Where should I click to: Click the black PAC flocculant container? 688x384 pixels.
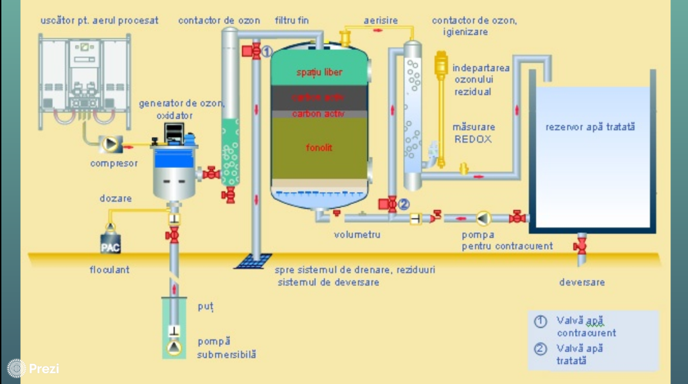coord(110,244)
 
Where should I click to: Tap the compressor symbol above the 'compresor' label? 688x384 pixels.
coord(107,144)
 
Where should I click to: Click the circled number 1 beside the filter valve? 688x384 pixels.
coord(267,52)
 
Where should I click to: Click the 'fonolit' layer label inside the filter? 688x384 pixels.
coord(319,147)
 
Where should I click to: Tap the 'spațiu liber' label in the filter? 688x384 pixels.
coord(319,72)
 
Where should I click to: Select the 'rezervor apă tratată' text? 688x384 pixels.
coord(590,127)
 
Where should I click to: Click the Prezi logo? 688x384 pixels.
coord(33,369)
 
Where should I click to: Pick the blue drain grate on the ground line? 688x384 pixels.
coord(253,261)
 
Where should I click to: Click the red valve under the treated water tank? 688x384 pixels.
coord(580,246)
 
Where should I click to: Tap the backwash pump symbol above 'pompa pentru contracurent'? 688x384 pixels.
coord(482,218)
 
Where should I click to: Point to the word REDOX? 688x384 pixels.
coord(473,139)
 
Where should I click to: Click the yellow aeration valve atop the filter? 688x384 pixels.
coord(346,38)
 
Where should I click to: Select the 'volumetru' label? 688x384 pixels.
coord(357,235)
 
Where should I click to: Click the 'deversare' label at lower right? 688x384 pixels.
coord(581,282)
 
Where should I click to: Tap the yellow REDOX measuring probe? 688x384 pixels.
coord(441,107)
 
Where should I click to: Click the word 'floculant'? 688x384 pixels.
coord(110,270)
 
